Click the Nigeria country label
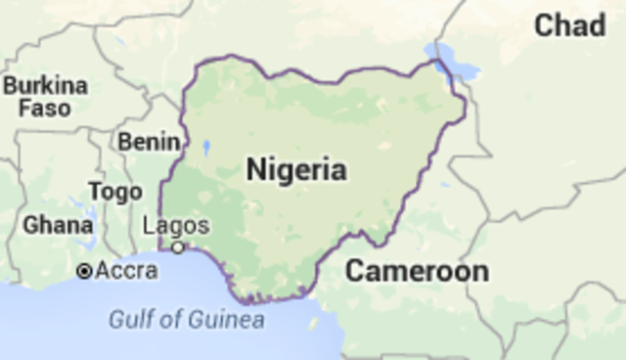[295, 170]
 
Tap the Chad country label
[569, 26]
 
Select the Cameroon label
[416, 271]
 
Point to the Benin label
[149, 141]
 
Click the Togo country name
[114, 192]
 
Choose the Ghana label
[58, 225]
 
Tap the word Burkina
[45, 85]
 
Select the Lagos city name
[175, 225]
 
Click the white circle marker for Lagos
[178, 247]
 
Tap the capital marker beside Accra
[85, 270]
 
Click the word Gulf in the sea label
[128, 319]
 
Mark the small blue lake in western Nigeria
[206, 149]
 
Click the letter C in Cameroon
[355, 271]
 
